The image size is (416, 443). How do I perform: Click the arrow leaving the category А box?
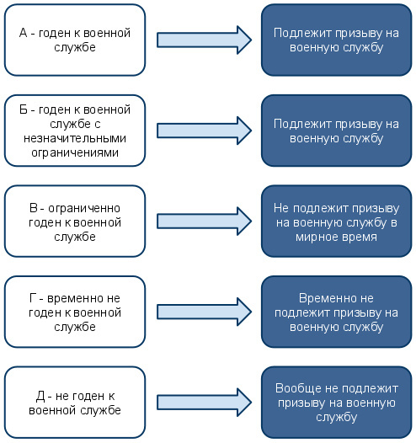(x=204, y=40)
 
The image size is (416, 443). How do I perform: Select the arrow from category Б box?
(x=204, y=131)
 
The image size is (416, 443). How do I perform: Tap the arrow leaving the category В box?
(x=204, y=221)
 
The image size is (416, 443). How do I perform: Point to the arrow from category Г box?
(x=204, y=312)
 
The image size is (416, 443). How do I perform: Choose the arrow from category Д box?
(x=204, y=403)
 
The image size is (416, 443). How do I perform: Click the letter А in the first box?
(x=24, y=33)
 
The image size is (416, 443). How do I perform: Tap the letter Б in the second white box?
(x=24, y=109)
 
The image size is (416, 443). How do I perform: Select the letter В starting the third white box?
(x=34, y=208)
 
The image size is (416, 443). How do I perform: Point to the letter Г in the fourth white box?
(x=33, y=298)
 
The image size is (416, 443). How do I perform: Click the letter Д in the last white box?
(x=40, y=397)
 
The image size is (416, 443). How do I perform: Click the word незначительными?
(x=75, y=138)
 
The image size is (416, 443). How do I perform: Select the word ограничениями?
(x=75, y=152)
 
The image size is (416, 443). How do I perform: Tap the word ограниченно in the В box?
(x=84, y=209)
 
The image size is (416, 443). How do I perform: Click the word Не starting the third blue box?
(x=281, y=208)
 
